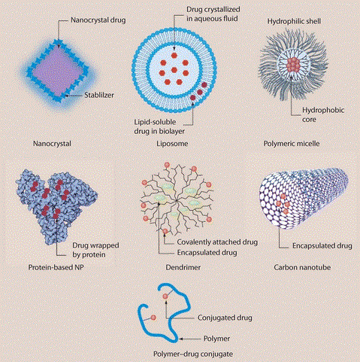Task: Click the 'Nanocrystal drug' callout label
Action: point(98,20)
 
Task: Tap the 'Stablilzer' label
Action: point(99,95)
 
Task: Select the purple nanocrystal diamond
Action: point(58,71)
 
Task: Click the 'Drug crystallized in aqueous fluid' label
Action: point(213,14)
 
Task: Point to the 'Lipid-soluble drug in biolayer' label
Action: point(159,126)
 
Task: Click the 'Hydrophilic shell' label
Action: point(294,21)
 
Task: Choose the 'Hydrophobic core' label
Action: point(323,114)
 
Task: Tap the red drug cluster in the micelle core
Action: point(293,65)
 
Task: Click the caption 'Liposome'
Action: point(172,144)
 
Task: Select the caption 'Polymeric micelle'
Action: point(292,144)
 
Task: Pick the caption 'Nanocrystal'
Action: point(52,144)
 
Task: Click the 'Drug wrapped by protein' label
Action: point(95,250)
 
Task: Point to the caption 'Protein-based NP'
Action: point(56,267)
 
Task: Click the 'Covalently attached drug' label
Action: point(217,242)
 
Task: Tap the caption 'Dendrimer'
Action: point(183,267)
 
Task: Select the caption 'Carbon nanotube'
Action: point(302,267)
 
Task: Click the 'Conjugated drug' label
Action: point(225,318)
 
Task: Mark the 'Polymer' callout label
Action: point(216,339)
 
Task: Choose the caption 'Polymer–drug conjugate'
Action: point(193,354)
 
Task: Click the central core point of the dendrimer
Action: point(177,200)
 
